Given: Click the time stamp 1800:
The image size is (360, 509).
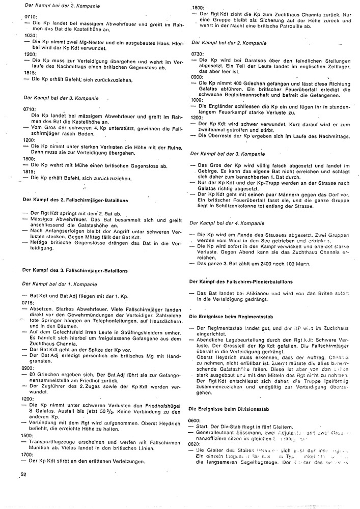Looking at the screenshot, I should (x=198, y=9).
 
